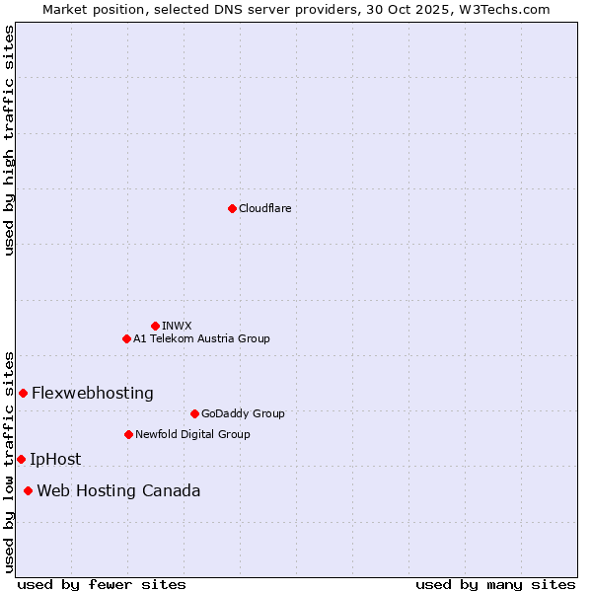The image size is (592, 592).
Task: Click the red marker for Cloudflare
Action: pos(232,208)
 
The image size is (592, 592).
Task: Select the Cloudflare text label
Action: pos(264,208)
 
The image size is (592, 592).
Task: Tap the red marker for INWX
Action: pos(155,326)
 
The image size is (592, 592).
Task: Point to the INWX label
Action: pos(177,326)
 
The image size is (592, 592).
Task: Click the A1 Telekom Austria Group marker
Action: pos(126,338)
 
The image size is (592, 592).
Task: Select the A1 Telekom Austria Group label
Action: pos(201,338)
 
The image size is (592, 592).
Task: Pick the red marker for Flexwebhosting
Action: pos(23,393)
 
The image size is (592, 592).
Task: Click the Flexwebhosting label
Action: pos(93,393)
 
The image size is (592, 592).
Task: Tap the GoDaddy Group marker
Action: pos(194,413)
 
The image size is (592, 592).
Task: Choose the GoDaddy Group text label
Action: pos(243,413)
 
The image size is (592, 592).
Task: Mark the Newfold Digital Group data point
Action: pos(128,434)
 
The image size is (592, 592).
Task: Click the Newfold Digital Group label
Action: pos(192,434)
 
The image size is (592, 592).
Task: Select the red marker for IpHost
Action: pos(21,459)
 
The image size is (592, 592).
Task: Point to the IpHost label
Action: pos(55,459)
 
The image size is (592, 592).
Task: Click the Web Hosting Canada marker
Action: pos(28,490)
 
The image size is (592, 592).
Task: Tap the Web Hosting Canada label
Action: pos(118,490)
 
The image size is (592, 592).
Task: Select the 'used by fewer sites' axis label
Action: pos(102,584)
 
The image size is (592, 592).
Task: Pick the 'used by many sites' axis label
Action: pos(495,584)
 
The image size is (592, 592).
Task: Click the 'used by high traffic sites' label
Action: pos(9,140)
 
